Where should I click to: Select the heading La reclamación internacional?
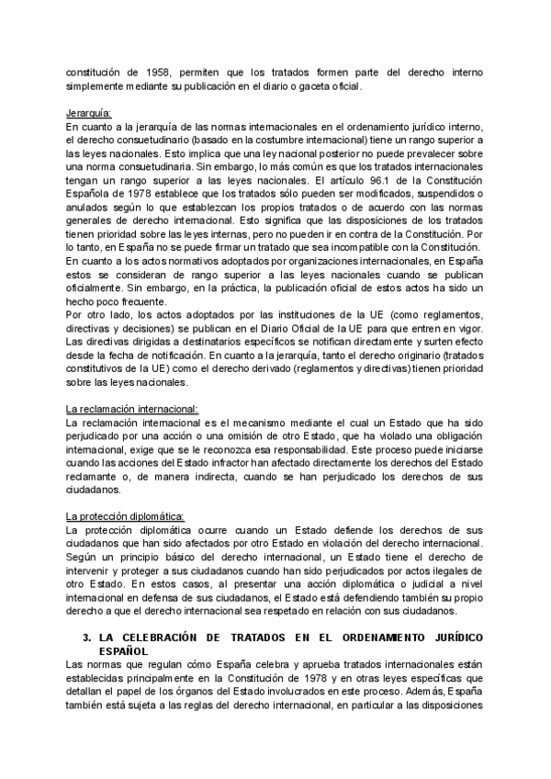pos(132,408)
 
